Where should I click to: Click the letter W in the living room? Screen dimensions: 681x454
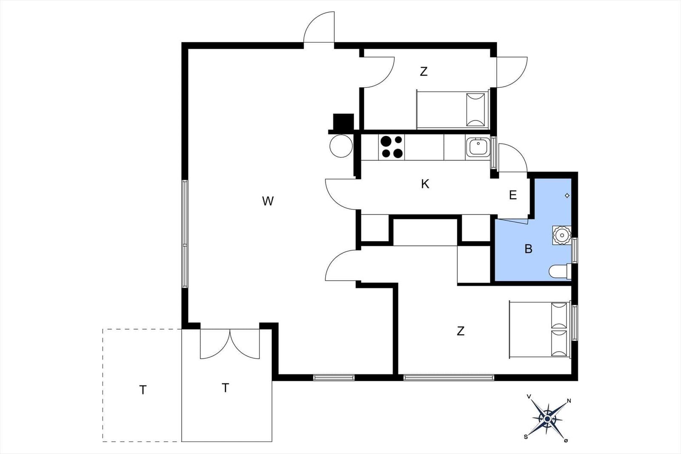(x=268, y=201)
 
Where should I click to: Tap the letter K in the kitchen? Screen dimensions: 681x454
(x=425, y=184)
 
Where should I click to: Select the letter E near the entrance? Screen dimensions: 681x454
(x=513, y=195)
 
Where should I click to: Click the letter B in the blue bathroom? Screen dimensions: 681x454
(x=528, y=249)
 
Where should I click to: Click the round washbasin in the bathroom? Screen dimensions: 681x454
(x=562, y=235)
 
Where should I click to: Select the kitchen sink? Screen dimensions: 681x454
(x=478, y=147)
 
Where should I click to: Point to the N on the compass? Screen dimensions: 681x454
(x=569, y=401)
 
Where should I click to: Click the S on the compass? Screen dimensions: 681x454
(x=526, y=437)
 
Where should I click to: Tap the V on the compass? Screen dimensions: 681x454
(x=529, y=396)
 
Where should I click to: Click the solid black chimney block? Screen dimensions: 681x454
(x=343, y=122)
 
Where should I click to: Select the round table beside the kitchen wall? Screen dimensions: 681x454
(x=341, y=146)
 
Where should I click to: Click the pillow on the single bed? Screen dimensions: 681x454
(x=475, y=110)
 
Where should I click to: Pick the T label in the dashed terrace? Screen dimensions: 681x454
(x=143, y=390)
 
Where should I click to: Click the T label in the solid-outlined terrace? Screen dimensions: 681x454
(x=225, y=388)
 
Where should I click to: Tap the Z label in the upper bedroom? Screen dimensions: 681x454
(x=424, y=71)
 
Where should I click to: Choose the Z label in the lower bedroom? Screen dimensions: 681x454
(x=461, y=331)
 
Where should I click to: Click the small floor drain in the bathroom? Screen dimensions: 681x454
(x=567, y=195)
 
